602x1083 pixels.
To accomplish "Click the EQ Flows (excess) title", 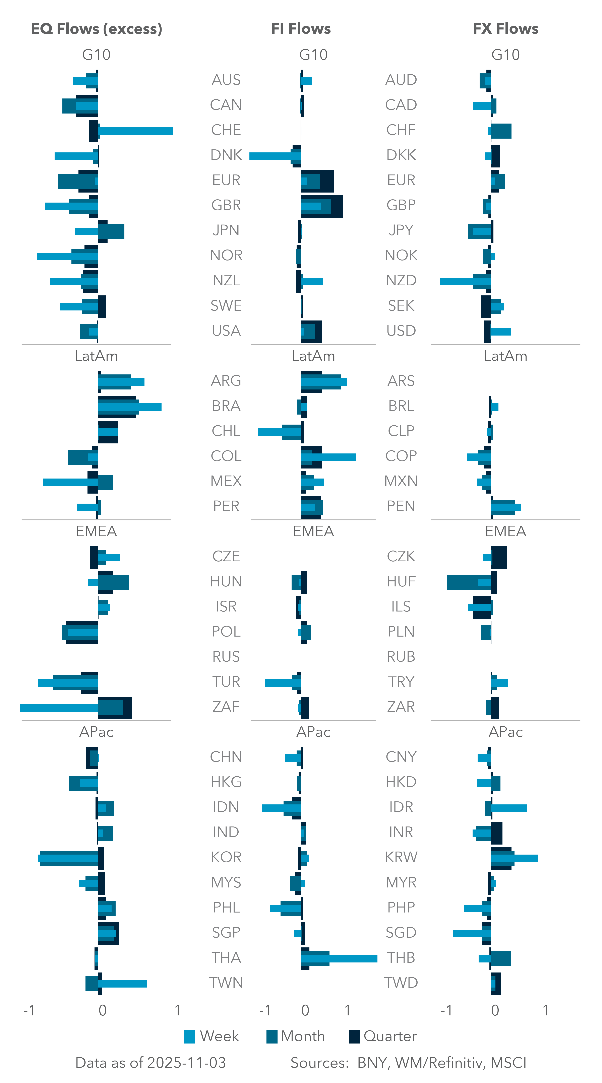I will (x=96, y=29).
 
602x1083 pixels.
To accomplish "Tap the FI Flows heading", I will (x=301, y=29).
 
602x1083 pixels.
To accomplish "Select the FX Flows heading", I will (x=505, y=29).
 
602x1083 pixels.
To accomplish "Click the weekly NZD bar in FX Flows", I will (x=457, y=281).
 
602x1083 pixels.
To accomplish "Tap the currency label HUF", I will (x=401, y=581).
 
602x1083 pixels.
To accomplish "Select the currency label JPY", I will (x=401, y=230).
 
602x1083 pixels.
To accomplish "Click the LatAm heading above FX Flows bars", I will (x=505, y=356).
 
